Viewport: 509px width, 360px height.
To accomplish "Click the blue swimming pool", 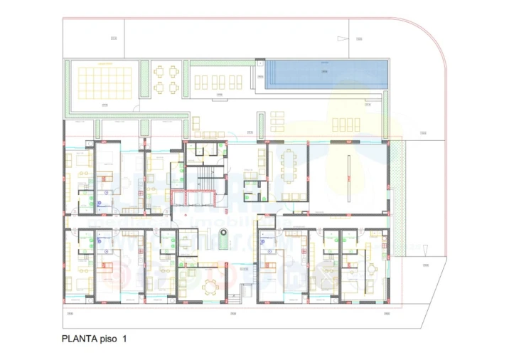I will (326, 74).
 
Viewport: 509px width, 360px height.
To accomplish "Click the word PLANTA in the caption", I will (81, 339).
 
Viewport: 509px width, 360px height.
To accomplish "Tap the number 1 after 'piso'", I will (123, 339).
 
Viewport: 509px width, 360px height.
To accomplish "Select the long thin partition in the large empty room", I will (348, 174).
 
